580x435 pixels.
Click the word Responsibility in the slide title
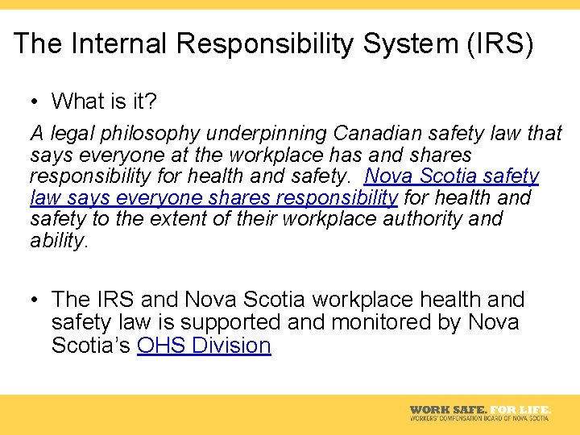click(263, 43)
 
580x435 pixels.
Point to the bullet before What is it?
click(35, 101)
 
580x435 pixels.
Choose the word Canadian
click(380, 133)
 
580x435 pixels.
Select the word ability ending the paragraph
click(56, 241)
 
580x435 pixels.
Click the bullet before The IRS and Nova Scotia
click(35, 300)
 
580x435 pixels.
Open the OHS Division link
click(204, 346)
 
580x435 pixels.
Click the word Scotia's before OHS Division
click(91, 346)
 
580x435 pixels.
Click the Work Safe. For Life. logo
click(479, 410)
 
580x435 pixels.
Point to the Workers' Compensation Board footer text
click(479, 418)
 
